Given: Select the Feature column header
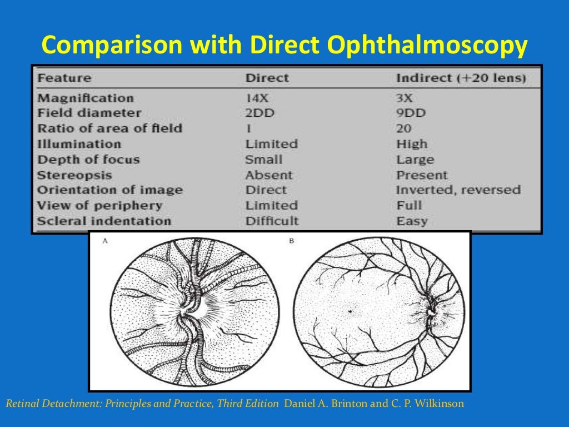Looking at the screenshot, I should (x=64, y=78).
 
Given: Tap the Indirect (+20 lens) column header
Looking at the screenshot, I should (x=461, y=78).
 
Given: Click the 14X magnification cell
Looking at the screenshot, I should (x=257, y=98).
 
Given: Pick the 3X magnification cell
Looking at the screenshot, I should (x=404, y=98).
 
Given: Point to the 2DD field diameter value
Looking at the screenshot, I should (x=260, y=113).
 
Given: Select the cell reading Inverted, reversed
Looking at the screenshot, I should (x=458, y=190).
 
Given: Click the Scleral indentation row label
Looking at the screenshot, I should (x=103, y=221).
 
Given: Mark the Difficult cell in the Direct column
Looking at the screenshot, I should (x=272, y=221).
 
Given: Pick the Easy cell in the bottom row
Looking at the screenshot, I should (x=412, y=221).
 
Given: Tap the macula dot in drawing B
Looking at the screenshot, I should (x=350, y=311).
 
